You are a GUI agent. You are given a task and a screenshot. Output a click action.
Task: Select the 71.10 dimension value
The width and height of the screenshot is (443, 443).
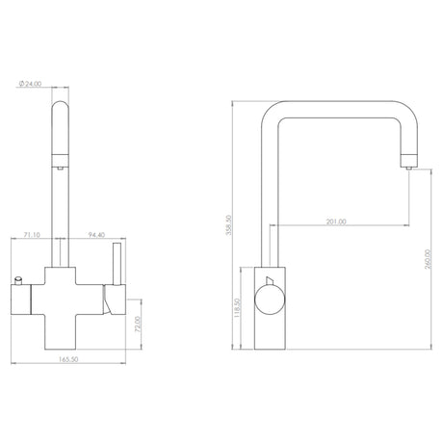[x=31, y=234]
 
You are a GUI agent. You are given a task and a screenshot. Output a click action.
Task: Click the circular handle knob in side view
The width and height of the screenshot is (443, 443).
[x=270, y=300]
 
